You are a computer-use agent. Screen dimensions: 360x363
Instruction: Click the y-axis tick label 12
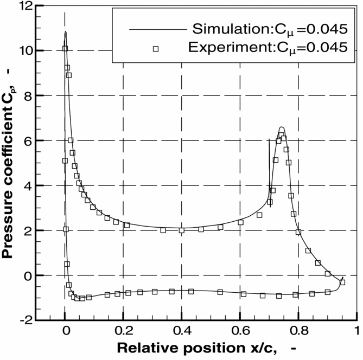click(x=24, y=7)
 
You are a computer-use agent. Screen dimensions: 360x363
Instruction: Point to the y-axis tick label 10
click(x=24, y=51)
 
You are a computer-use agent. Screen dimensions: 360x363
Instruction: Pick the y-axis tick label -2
click(x=25, y=321)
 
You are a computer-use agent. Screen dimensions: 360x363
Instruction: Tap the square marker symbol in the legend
click(x=155, y=49)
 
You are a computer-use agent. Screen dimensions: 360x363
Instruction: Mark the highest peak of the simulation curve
click(x=66, y=32)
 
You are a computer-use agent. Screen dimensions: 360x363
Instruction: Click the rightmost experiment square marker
click(x=342, y=282)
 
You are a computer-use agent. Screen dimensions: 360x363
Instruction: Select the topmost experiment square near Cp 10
click(x=65, y=48)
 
